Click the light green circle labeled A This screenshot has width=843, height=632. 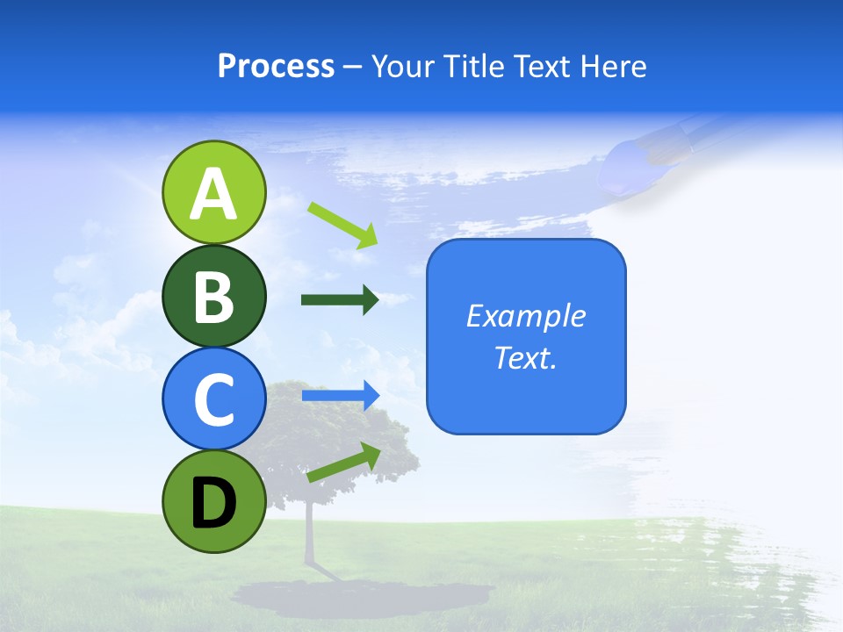pyautogui.click(x=213, y=192)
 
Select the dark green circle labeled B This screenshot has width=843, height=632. pyautogui.click(x=213, y=296)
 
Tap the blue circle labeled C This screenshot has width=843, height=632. pyautogui.click(x=213, y=399)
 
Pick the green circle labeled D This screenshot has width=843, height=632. pyautogui.click(x=213, y=501)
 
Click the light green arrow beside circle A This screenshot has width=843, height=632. pyautogui.click(x=342, y=224)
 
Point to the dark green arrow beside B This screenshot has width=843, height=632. pyautogui.click(x=340, y=300)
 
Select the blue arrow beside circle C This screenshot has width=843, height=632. pyautogui.click(x=340, y=396)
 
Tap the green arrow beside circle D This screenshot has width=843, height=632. pyautogui.click(x=343, y=463)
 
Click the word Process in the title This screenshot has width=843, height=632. pyautogui.click(x=276, y=67)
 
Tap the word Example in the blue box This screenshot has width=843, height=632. pyautogui.click(x=525, y=316)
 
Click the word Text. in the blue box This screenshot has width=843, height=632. pyautogui.click(x=525, y=357)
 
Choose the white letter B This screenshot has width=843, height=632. pyautogui.click(x=213, y=297)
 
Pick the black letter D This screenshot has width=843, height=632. pyautogui.click(x=213, y=503)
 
